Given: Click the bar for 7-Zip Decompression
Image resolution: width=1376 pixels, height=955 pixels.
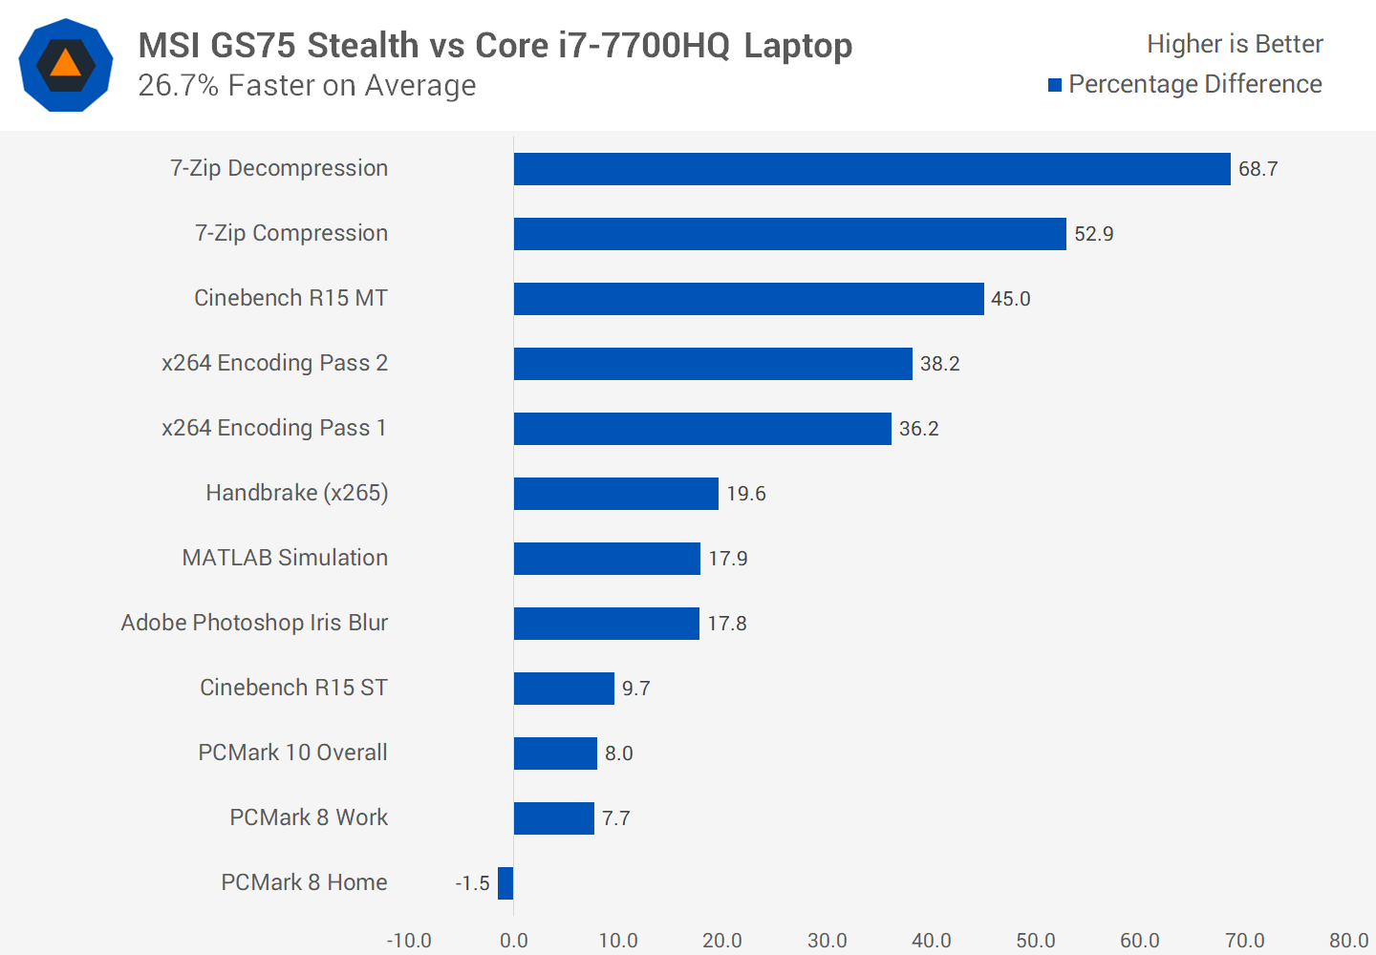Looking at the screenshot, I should pos(871,169).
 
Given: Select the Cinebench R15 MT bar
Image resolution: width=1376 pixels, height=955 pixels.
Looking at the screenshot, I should pos(748,299).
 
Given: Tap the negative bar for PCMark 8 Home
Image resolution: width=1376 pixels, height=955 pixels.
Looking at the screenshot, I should pos(505,883).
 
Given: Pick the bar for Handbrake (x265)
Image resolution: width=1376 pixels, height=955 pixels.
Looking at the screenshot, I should pos(615,494).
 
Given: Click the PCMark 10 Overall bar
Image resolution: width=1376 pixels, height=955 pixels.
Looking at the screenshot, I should pos(555,753).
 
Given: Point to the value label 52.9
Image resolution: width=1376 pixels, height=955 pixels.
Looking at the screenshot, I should pos(1093,234).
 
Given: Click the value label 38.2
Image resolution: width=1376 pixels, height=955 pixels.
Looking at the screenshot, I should pos(939,364).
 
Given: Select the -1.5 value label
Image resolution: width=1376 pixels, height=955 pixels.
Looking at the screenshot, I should pos(472,883).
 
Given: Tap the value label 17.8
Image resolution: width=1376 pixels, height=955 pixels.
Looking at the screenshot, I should pos(726,624).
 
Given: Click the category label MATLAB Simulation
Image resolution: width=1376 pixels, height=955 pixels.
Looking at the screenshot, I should pos(285,558).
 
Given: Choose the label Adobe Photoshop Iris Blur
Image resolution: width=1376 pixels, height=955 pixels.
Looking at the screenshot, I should pos(254,623).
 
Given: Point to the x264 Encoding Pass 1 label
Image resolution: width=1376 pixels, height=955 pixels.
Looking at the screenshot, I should pos(274,428).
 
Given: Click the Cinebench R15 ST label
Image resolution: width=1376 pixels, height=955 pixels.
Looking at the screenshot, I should pos(293,688).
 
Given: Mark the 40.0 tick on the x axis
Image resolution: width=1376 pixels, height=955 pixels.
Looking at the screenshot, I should pos(931,941).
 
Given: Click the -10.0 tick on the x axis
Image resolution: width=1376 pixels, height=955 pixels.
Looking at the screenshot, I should pos(409,941).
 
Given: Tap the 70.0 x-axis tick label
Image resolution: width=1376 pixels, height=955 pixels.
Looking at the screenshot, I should pos(1244,941).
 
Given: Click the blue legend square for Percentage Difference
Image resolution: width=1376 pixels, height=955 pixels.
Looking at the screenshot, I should pos(1055,85).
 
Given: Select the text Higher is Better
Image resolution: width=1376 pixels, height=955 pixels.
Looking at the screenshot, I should pos(1235,44).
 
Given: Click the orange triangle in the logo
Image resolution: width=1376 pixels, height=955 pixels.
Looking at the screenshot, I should pos(65,64).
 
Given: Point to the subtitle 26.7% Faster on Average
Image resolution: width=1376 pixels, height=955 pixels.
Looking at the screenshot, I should pos(307,86).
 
